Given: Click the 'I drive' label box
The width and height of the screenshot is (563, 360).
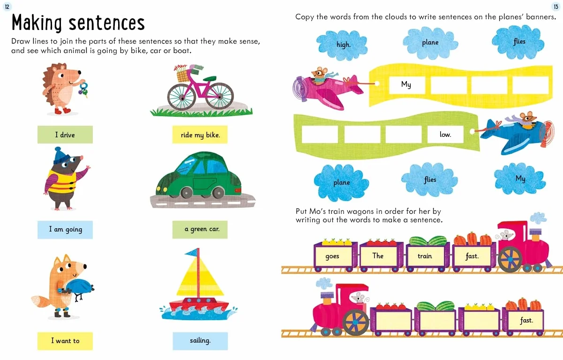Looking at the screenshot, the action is (65, 135).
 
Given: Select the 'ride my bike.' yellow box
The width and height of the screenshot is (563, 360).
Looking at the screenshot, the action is (200, 135).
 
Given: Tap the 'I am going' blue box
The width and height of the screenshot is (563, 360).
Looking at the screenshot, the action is (65, 230).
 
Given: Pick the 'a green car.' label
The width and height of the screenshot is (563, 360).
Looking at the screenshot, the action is (200, 230).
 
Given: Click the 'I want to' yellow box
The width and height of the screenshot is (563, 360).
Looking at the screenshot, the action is (65, 341).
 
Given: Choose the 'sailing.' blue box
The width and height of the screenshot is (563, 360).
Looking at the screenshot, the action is (200, 341).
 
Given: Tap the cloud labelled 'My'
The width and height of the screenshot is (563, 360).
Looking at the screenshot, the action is (520, 179).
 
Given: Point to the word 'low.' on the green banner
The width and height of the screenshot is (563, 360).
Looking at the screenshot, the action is (445, 135).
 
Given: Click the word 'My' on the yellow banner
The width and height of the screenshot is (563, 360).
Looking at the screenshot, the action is (406, 84).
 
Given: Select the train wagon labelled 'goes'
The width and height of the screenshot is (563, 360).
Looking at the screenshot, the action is (335, 255).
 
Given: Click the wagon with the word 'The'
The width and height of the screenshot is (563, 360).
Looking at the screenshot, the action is (381, 255).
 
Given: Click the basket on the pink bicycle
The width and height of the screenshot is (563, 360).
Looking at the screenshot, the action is (182, 75).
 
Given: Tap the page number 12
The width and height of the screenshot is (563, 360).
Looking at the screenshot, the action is (7, 7).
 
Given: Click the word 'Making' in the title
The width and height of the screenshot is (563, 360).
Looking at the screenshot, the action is (37, 23).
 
